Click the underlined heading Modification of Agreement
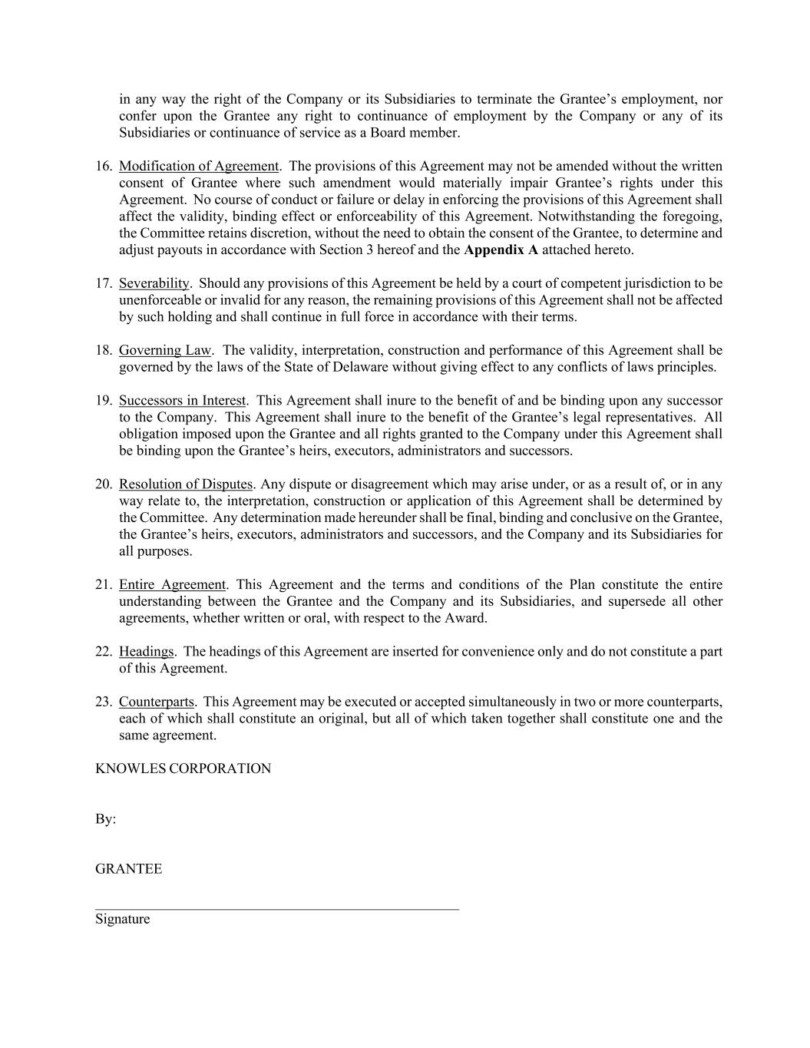point(198,167)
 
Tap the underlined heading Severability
point(154,284)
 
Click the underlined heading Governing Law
point(164,351)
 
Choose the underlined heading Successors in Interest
point(182,401)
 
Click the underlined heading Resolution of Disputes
point(185,484)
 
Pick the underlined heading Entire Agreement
point(172,585)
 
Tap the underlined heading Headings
point(147,652)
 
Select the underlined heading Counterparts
point(157,702)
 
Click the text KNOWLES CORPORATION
point(183,769)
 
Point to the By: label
point(105,819)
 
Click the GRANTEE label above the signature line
point(128,869)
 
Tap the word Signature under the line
point(122,920)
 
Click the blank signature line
point(276,908)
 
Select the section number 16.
point(104,167)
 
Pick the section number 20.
point(104,484)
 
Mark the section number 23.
point(104,702)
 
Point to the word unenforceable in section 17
point(158,301)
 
